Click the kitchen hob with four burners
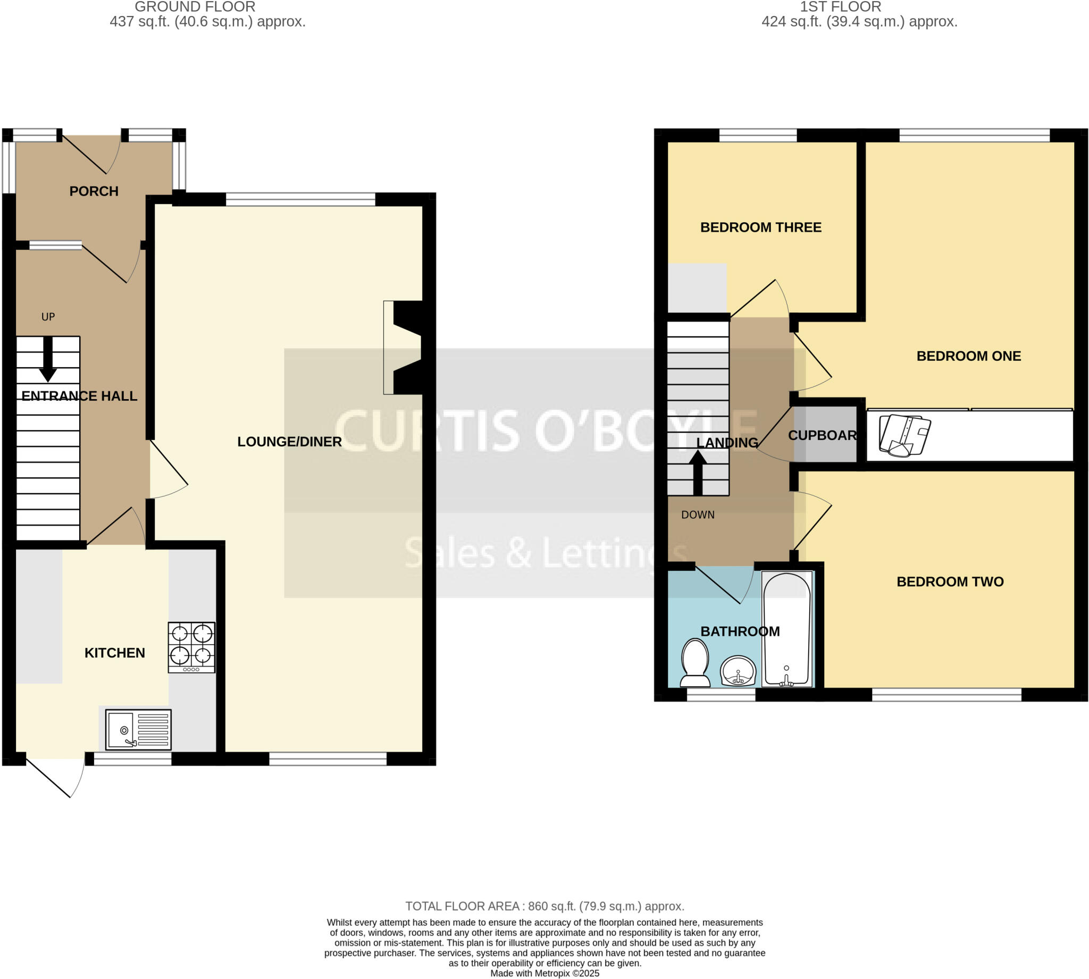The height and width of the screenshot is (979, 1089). click(x=191, y=647)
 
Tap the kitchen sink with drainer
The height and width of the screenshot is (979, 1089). click(x=138, y=729)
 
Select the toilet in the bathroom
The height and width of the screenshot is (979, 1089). click(x=694, y=663)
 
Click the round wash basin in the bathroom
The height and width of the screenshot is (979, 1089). click(x=738, y=671)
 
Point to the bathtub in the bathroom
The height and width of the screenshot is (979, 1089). click(x=786, y=629)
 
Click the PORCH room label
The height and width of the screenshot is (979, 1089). click(x=94, y=191)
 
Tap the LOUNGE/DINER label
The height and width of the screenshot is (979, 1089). click(x=289, y=442)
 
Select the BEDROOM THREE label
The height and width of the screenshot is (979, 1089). click(x=760, y=227)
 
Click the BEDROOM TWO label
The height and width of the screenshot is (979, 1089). click(x=950, y=581)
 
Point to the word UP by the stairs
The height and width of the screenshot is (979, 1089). click(x=48, y=317)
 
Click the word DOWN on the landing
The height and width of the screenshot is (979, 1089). click(x=697, y=515)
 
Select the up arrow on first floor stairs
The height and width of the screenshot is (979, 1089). click(x=697, y=472)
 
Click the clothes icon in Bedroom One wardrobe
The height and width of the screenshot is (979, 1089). click(x=904, y=435)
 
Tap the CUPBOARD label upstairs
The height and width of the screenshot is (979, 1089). click(x=822, y=435)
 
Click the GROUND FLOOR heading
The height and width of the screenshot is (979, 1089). click(x=195, y=7)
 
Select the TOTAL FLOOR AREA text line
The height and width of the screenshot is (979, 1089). click(x=544, y=906)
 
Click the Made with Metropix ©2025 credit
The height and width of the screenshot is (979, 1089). click(x=544, y=973)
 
